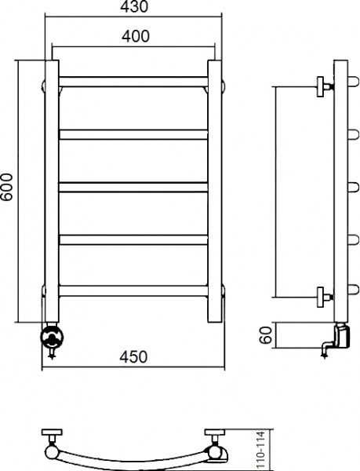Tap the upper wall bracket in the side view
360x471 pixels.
323,86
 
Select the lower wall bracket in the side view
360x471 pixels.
323,295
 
